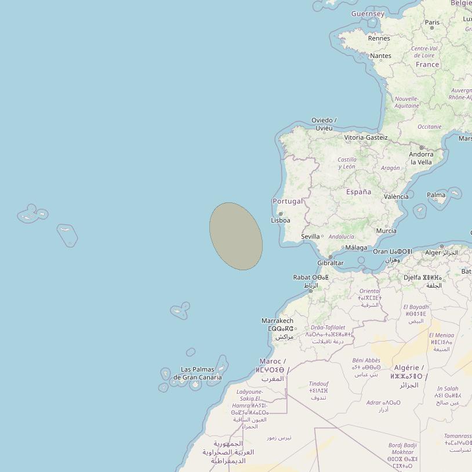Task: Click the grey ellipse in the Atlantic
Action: tap(236, 236)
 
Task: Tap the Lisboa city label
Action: tap(281, 220)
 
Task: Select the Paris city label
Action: tap(432, 22)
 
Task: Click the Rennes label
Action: tap(379, 38)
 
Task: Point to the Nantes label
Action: tap(380, 56)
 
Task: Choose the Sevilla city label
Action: tap(310, 237)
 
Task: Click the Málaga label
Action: tap(356, 248)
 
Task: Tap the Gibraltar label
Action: tap(331, 263)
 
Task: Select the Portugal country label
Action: tap(288, 201)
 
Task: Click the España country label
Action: tap(358, 192)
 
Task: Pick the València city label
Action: tap(396, 197)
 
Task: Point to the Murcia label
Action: tap(386, 231)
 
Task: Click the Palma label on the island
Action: tap(436, 195)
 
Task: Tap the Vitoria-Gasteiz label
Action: tap(366, 137)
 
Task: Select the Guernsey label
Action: tap(368, 13)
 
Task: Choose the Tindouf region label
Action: tap(318, 384)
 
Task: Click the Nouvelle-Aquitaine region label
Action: tap(406, 102)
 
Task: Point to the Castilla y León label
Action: tap(347, 163)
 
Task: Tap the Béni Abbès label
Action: tap(366, 360)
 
